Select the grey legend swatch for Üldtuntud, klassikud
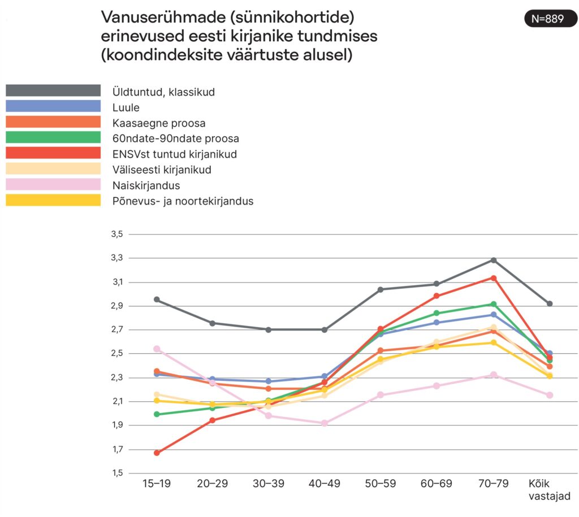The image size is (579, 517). (53, 91)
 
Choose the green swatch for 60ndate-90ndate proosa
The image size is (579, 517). (53, 138)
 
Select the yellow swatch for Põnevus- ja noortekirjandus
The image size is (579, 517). (53, 201)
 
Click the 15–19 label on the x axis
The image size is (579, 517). (157, 484)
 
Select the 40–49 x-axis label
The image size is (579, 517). (325, 484)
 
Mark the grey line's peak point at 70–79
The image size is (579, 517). (494, 260)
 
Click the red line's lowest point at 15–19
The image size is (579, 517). (157, 453)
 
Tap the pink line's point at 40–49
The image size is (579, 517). (325, 423)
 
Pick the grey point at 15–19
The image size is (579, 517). (157, 299)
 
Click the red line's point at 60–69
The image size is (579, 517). (437, 296)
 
